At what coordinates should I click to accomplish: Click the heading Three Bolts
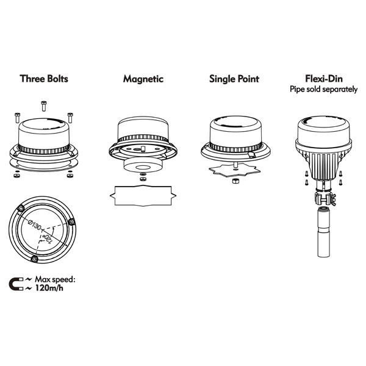pyautogui.click(x=44, y=79)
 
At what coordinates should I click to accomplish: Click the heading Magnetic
pyautogui.click(x=143, y=79)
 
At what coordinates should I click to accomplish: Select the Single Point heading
pyautogui.click(x=234, y=79)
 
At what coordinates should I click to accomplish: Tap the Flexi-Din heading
pyautogui.click(x=324, y=79)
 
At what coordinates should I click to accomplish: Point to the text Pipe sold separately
pyautogui.click(x=323, y=89)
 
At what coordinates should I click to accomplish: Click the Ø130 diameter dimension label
pyautogui.click(x=34, y=225)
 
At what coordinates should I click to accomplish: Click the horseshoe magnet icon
pyautogui.click(x=16, y=284)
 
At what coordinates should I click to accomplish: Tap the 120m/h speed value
pyautogui.click(x=49, y=288)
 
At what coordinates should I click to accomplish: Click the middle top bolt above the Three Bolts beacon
pyautogui.click(x=44, y=106)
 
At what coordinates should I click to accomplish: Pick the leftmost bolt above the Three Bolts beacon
pyautogui.click(x=17, y=118)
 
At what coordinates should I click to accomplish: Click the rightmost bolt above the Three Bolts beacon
pyautogui.click(x=70, y=118)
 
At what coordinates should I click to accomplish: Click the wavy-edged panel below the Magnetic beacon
pyautogui.click(x=143, y=196)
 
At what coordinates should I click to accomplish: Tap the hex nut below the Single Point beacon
pyautogui.click(x=235, y=181)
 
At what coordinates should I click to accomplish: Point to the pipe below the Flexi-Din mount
pyautogui.click(x=323, y=232)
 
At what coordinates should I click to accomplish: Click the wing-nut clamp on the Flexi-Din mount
pyautogui.click(x=325, y=198)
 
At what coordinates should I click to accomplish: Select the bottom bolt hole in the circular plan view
pyautogui.click(x=34, y=259)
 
